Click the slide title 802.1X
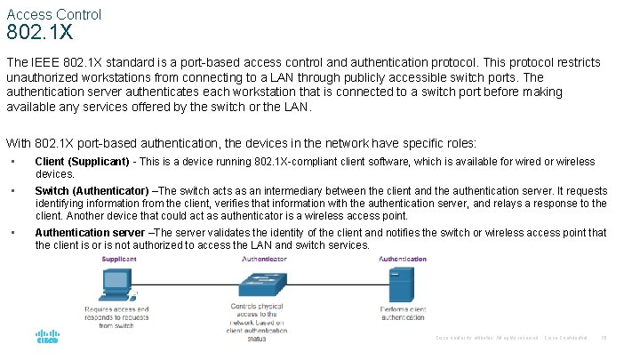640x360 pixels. (x=39, y=35)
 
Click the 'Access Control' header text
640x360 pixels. (x=54, y=14)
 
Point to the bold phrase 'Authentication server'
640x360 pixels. (x=89, y=233)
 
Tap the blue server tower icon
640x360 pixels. (x=403, y=284)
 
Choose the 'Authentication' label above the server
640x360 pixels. (x=403, y=260)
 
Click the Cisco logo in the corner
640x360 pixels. (x=47, y=339)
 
